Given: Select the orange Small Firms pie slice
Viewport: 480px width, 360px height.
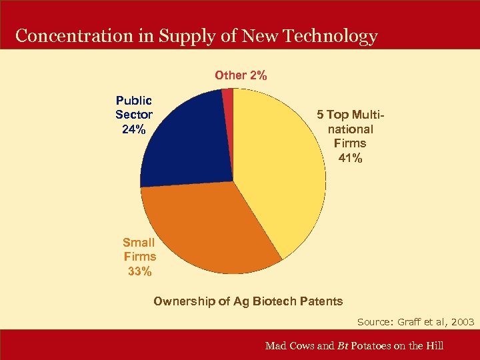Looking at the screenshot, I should (x=207, y=227).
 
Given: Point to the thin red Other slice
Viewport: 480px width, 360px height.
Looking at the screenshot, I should (x=228, y=100).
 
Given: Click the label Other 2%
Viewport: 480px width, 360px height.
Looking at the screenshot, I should (x=241, y=75).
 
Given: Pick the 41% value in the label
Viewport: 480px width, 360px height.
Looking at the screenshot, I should (x=350, y=158).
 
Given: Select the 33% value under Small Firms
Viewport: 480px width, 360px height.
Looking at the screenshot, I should (x=139, y=271).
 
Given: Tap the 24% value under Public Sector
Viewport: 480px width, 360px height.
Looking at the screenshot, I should (x=134, y=129).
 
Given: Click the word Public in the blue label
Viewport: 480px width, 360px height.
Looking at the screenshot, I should (x=134, y=101).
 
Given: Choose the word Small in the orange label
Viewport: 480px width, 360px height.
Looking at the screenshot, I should (x=139, y=243).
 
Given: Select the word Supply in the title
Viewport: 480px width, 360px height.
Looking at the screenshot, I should (x=184, y=36).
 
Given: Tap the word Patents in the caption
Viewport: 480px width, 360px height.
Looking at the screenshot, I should (x=322, y=301).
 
